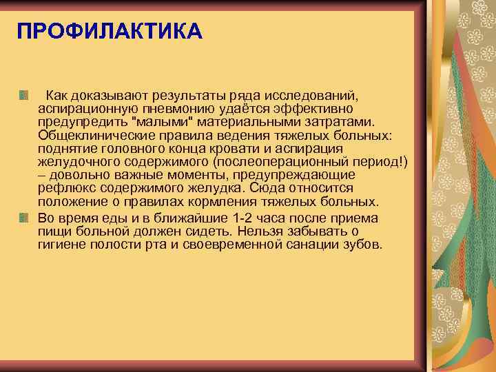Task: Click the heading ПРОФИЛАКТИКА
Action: pyautogui.click(x=110, y=32)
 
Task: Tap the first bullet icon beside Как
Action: pyautogui.click(x=24, y=93)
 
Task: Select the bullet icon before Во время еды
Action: pyautogui.click(x=24, y=218)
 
